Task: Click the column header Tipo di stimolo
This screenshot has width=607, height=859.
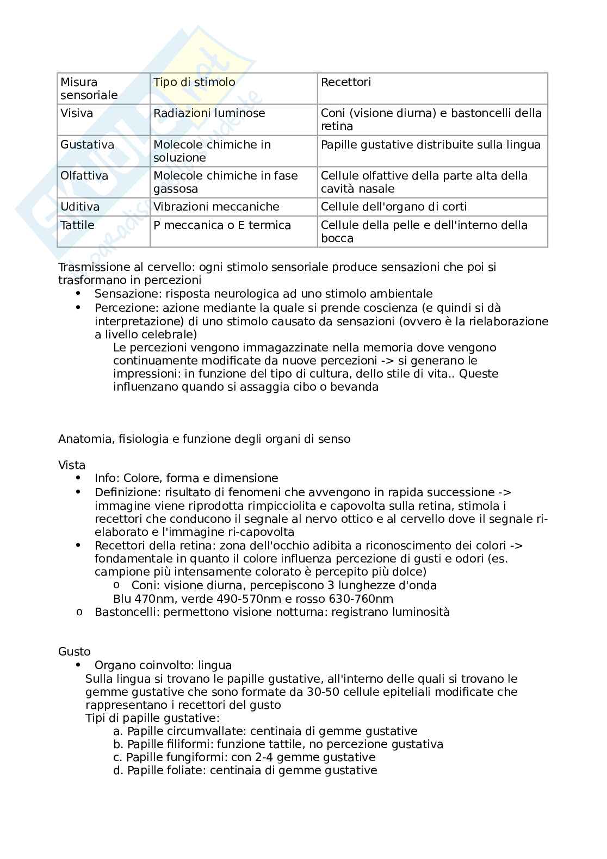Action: coord(194,82)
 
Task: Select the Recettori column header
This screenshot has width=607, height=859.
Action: coord(346,82)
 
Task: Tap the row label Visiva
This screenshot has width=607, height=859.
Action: coord(77,113)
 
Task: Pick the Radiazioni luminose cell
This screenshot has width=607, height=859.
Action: coord(209,113)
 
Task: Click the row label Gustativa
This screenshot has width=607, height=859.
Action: coord(87,145)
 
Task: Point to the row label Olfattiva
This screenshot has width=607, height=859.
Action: coord(84,176)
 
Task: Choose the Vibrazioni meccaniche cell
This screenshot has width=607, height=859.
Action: coord(216,207)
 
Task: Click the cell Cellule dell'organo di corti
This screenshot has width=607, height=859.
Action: coord(394,207)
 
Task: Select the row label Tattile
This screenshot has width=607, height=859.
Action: coord(77,225)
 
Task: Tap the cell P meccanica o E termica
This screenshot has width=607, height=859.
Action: coord(222,225)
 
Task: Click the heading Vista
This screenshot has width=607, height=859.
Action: coord(72,465)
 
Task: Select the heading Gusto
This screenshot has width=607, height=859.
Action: coord(75,652)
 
